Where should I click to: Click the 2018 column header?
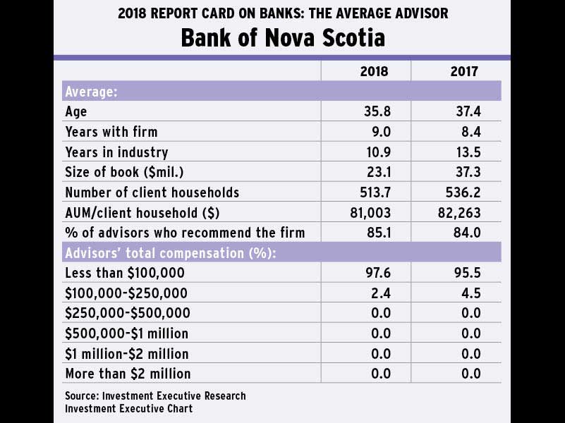(375, 71)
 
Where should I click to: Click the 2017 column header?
(464, 71)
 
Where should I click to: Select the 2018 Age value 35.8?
(375, 111)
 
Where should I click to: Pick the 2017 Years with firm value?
(466, 132)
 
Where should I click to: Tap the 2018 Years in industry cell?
(375, 152)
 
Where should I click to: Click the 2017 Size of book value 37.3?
(466, 172)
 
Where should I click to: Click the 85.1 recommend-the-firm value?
(375, 233)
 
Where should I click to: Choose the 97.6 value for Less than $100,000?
(375, 273)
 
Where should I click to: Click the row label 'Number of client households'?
(152, 192)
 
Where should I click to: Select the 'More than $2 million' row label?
(128, 374)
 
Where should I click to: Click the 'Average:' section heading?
(91, 92)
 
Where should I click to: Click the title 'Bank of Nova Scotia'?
(283, 37)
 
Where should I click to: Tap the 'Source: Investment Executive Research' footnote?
(155, 396)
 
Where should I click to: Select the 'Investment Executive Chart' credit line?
(128, 408)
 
